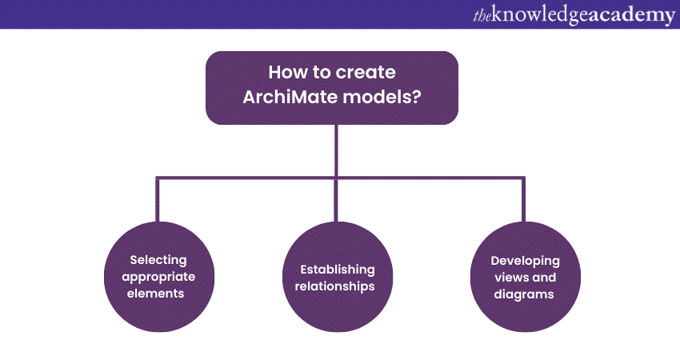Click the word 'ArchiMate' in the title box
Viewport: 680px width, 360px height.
click(290, 97)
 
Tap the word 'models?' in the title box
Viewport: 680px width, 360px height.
click(382, 97)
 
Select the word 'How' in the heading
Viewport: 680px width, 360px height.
click(285, 72)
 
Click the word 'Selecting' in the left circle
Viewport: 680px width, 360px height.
click(158, 260)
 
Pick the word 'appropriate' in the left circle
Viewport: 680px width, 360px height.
click(158, 277)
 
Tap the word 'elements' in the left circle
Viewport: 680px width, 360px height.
click(155, 294)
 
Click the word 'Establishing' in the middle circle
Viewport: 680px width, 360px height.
click(338, 270)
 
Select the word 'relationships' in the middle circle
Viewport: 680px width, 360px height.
click(334, 286)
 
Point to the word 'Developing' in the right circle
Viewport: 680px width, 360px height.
click(525, 261)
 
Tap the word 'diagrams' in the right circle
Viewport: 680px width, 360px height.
click(524, 294)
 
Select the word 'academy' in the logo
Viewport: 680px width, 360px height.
click(632, 16)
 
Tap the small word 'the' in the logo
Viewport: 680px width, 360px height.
click(482, 16)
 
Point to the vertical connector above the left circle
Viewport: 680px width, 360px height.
click(158, 199)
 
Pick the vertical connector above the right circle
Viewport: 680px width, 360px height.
click(523, 199)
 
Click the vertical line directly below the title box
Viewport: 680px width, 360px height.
click(336, 150)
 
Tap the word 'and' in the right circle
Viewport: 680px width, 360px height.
click(543, 278)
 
